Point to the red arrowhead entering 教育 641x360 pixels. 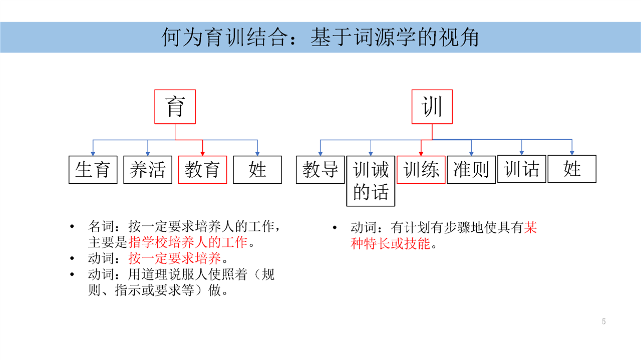203,154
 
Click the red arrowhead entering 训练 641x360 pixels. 421,154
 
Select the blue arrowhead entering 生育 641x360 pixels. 93,154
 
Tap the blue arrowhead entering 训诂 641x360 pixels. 522,153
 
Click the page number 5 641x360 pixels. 603,321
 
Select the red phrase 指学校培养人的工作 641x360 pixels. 188,242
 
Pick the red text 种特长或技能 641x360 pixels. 390,243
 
